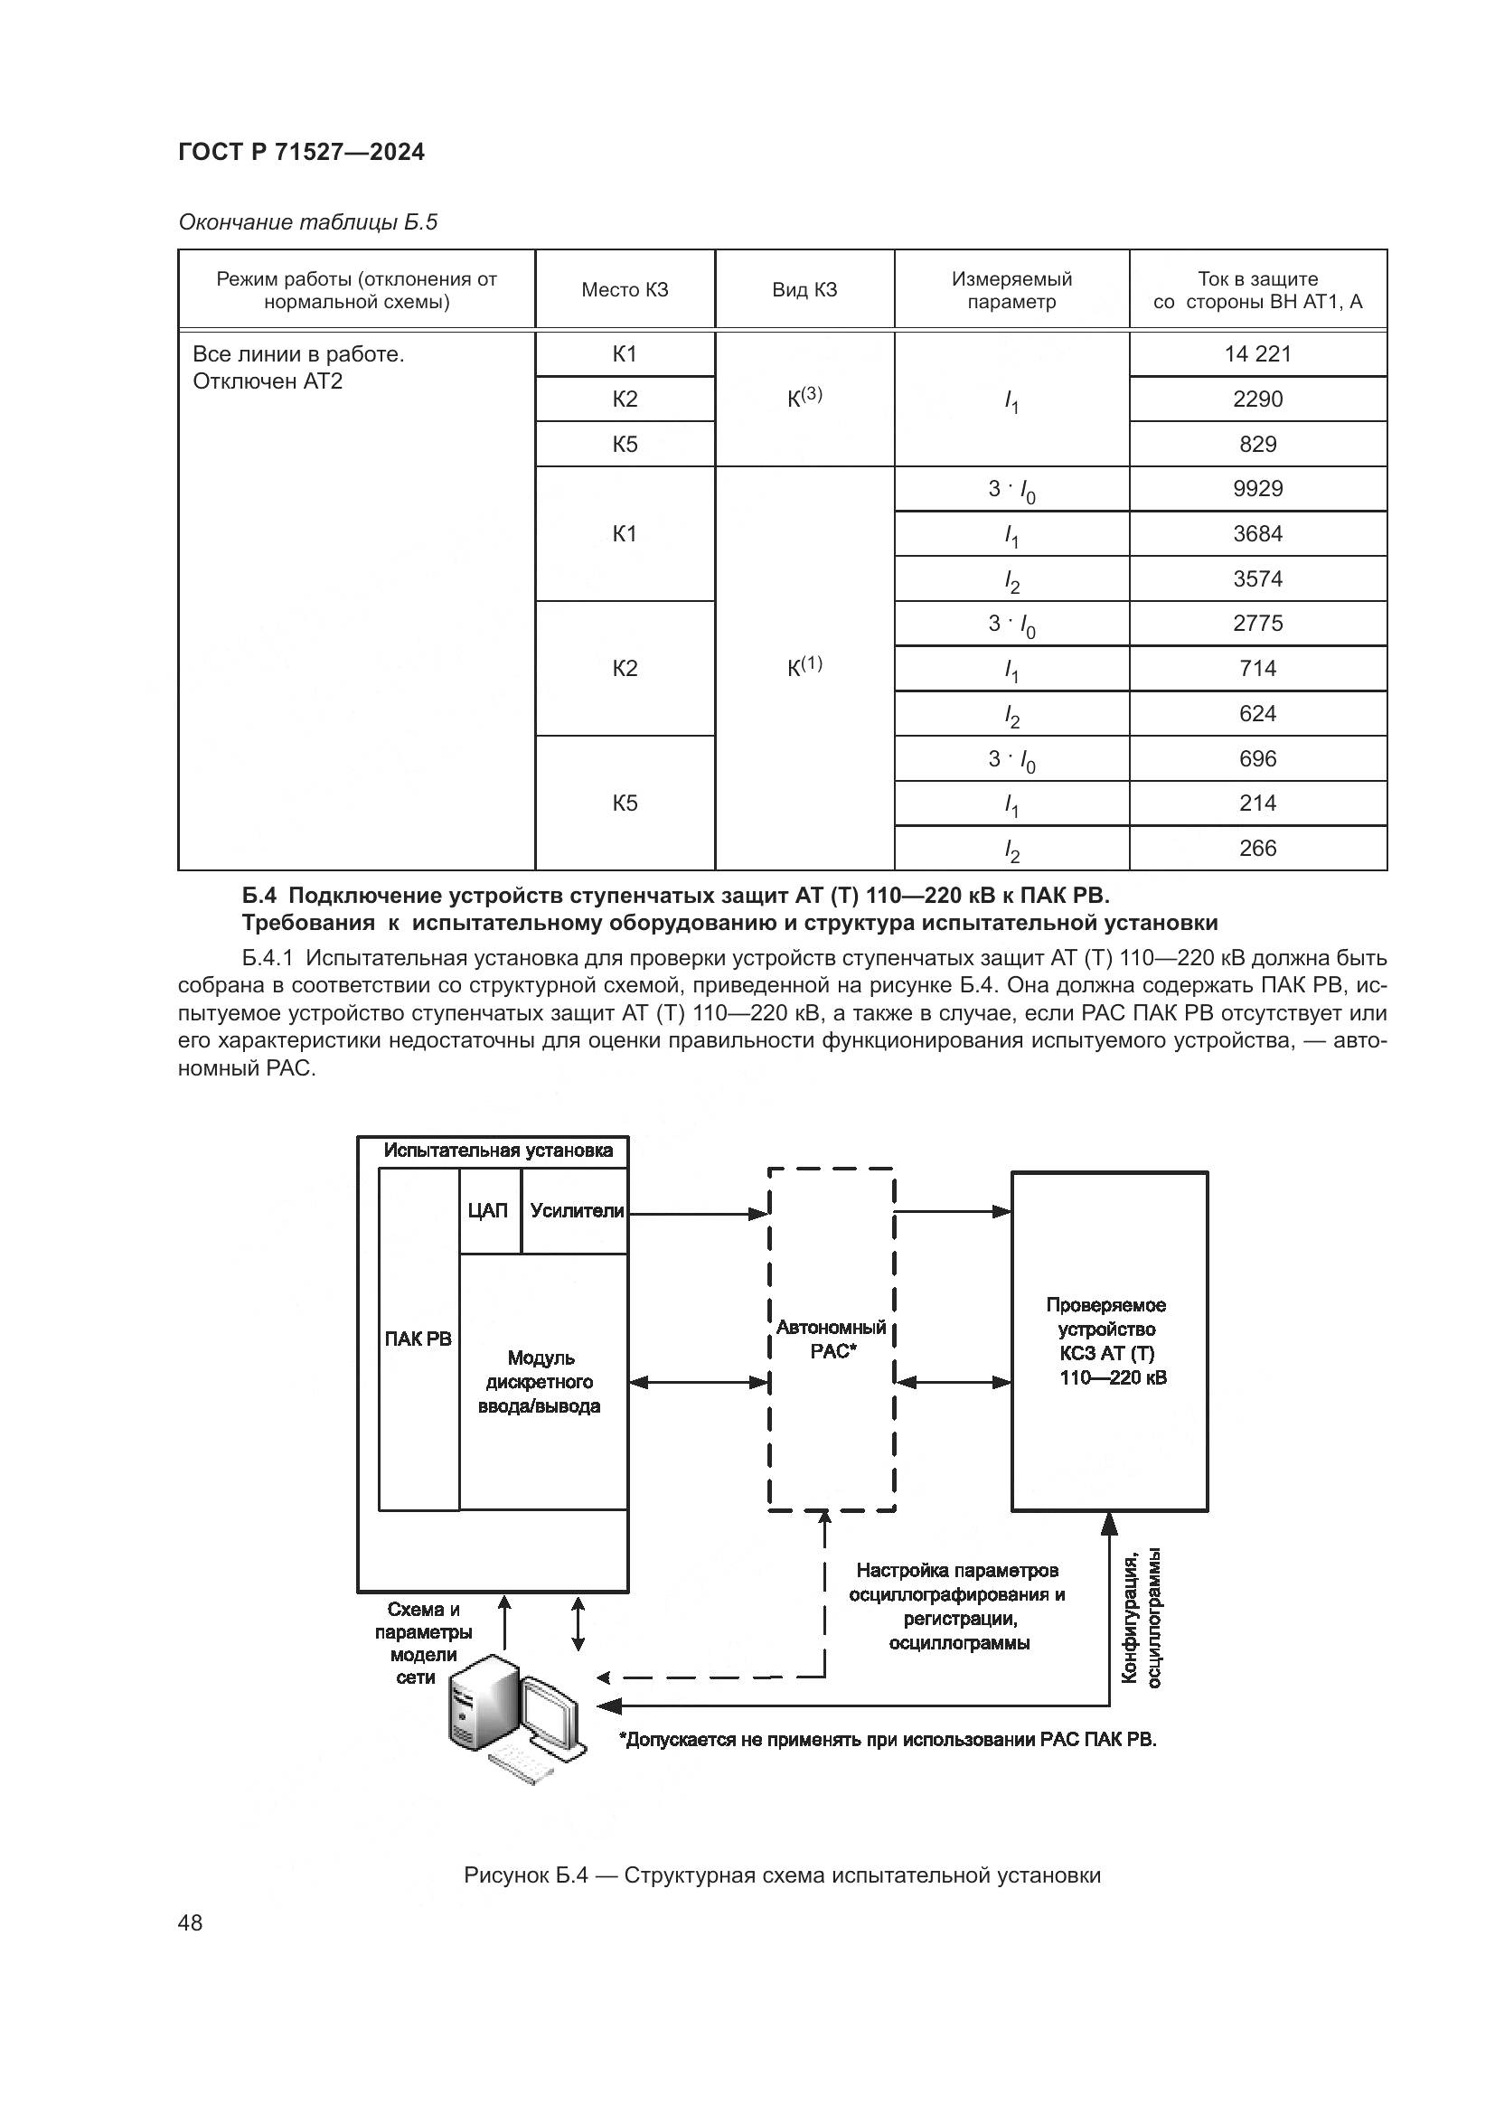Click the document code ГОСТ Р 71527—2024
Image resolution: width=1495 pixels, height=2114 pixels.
[x=301, y=153]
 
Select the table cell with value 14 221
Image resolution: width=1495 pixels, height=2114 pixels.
[x=1256, y=354]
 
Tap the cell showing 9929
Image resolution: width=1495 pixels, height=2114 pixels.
[x=1256, y=489]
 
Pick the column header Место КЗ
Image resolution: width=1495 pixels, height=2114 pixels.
[x=625, y=290]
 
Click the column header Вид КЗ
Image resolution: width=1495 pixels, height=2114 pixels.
[x=804, y=290]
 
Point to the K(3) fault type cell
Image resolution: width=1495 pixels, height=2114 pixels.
[x=804, y=398]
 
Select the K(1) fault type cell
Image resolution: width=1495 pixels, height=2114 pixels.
[x=804, y=668]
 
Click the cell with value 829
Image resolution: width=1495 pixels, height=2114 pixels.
[x=1256, y=445]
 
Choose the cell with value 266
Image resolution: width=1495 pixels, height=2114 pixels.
[x=1256, y=849]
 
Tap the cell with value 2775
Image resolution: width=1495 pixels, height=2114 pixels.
[x=1256, y=624]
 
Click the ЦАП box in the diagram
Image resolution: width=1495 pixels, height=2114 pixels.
[x=488, y=1212]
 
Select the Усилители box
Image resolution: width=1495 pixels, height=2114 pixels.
[x=577, y=1212]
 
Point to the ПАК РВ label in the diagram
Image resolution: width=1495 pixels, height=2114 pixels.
[x=418, y=1339]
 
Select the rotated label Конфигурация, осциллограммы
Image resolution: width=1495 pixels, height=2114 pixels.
[x=1141, y=1618]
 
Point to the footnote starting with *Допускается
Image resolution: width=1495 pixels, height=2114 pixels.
[x=888, y=1740]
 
